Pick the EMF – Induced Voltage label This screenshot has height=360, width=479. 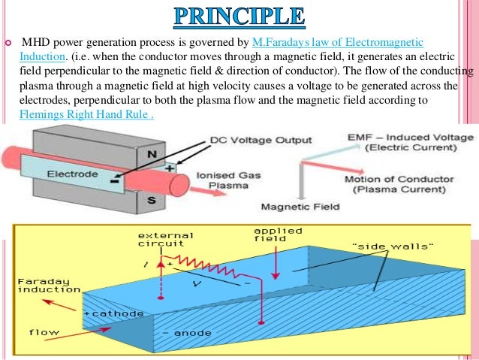click(411, 142)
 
